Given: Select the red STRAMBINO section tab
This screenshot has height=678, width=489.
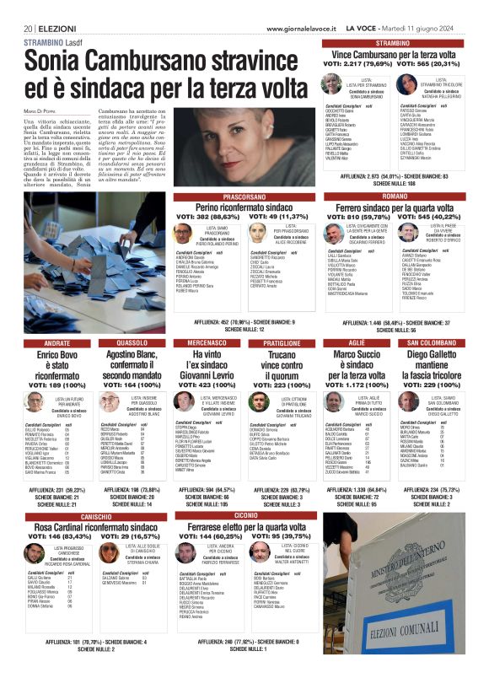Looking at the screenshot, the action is click(x=393, y=42).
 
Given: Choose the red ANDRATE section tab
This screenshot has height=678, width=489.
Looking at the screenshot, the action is click(x=57, y=343).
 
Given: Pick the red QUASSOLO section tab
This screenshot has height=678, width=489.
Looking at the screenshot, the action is click(x=132, y=343).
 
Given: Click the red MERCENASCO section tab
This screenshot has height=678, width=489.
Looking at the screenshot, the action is click(x=207, y=343).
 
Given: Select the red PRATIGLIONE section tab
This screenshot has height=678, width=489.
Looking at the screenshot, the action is click(x=282, y=343).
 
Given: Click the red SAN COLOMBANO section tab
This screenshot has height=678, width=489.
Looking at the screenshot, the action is click(x=431, y=343).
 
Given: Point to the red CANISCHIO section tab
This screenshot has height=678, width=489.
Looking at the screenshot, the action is click(x=95, y=515).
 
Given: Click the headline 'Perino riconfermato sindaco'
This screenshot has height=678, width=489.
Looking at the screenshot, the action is click(x=244, y=207).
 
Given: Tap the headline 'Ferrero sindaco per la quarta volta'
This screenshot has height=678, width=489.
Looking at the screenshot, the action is click(x=394, y=207).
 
